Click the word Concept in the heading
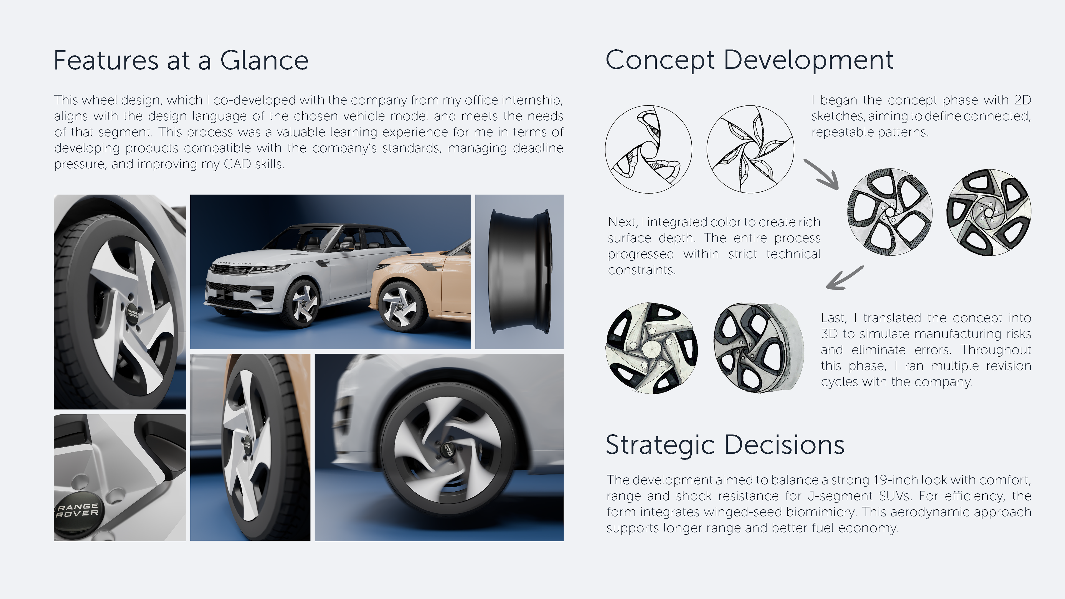point(660,61)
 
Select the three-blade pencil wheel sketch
point(648,149)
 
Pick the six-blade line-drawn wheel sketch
point(750,149)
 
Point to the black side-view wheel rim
point(519,271)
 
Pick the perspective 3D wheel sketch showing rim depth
point(758,348)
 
